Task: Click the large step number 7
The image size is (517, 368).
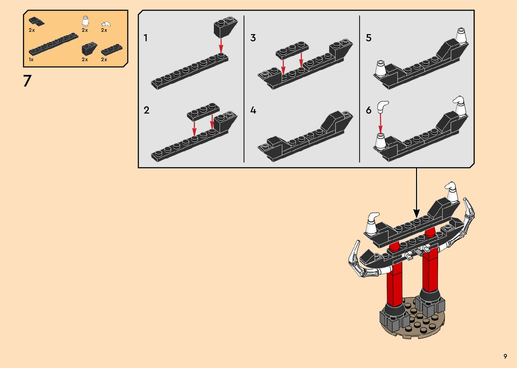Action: tap(27, 81)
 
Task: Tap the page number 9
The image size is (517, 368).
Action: tap(505, 356)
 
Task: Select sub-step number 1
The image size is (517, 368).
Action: tap(146, 38)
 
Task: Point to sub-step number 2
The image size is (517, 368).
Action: tap(146, 110)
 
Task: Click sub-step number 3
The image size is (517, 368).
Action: tap(253, 38)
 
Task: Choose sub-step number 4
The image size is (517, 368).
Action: tap(253, 110)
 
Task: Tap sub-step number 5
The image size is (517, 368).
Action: tap(369, 38)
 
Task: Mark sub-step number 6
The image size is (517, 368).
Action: tap(369, 110)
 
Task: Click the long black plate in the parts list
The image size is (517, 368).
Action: tap(53, 44)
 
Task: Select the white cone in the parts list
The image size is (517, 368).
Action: tap(85, 21)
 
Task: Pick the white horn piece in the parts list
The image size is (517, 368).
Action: tap(106, 24)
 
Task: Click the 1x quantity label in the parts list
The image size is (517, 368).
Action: tap(31, 59)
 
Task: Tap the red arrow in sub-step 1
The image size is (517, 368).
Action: tap(221, 46)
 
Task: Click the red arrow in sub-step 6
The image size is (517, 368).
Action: tap(380, 124)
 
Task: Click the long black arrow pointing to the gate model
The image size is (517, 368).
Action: tap(416, 193)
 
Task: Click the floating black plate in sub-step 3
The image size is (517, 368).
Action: tap(292, 50)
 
